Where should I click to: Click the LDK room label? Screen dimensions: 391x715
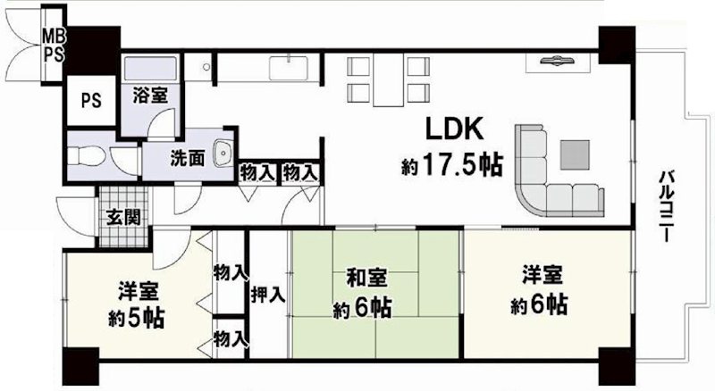(x=454, y=130)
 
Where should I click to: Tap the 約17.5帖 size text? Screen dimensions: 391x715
(x=450, y=166)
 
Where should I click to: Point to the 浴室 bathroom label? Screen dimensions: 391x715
(x=150, y=94)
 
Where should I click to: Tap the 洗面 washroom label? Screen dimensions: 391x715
(x=188, y=156)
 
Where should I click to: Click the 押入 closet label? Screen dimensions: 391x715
(x=267, y=293)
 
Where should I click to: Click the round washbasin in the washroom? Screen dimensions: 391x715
(x=224, y=153)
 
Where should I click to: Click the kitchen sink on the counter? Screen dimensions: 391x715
(x=291, y=68)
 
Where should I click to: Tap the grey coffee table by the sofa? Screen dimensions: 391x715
(x=575, y=154)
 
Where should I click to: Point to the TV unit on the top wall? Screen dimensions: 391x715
(x=559, y=62)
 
